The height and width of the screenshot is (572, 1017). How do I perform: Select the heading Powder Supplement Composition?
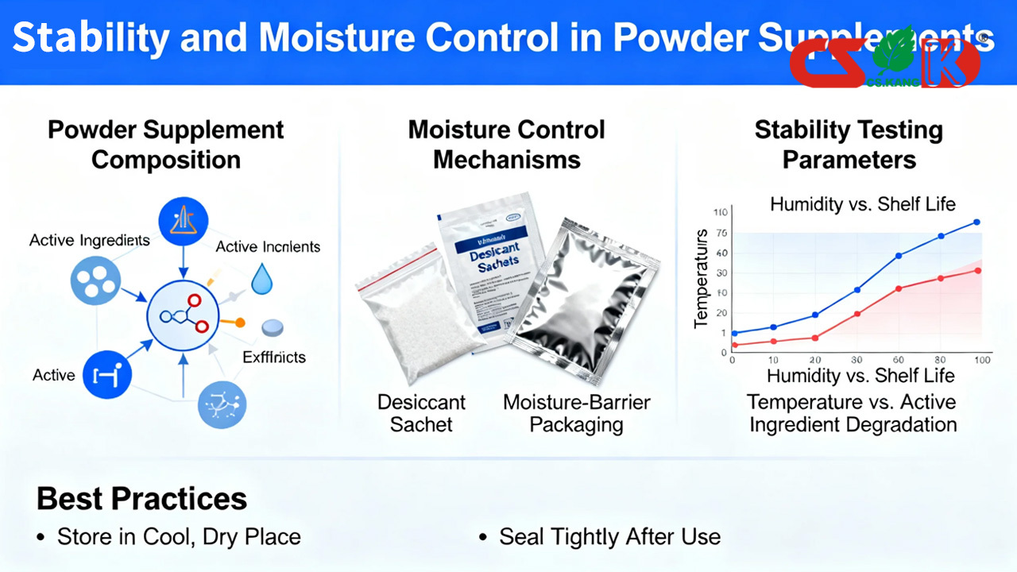[x=165, y=145]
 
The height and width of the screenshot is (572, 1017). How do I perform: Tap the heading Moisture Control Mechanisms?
[x=507, y=145]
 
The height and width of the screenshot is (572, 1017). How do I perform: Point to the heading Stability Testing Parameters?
[x=849, y=145]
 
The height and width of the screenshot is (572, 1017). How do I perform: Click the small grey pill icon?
[x=273, y=327]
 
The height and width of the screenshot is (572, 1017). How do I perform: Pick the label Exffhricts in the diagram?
[x=273, y=357]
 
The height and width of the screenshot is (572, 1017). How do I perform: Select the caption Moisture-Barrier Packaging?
[x=576, y=413]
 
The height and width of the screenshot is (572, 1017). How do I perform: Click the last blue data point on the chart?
[x=976, y=222]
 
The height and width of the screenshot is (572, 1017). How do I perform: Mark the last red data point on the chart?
[x=977, y=271]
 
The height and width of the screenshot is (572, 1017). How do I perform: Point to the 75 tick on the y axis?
[x=721, y=233]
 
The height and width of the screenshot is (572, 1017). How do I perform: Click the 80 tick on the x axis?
[x=941, y=360]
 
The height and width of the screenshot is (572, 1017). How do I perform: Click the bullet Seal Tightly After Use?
[x=609, y=537]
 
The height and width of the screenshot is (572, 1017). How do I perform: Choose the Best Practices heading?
[x=141, y=499]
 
